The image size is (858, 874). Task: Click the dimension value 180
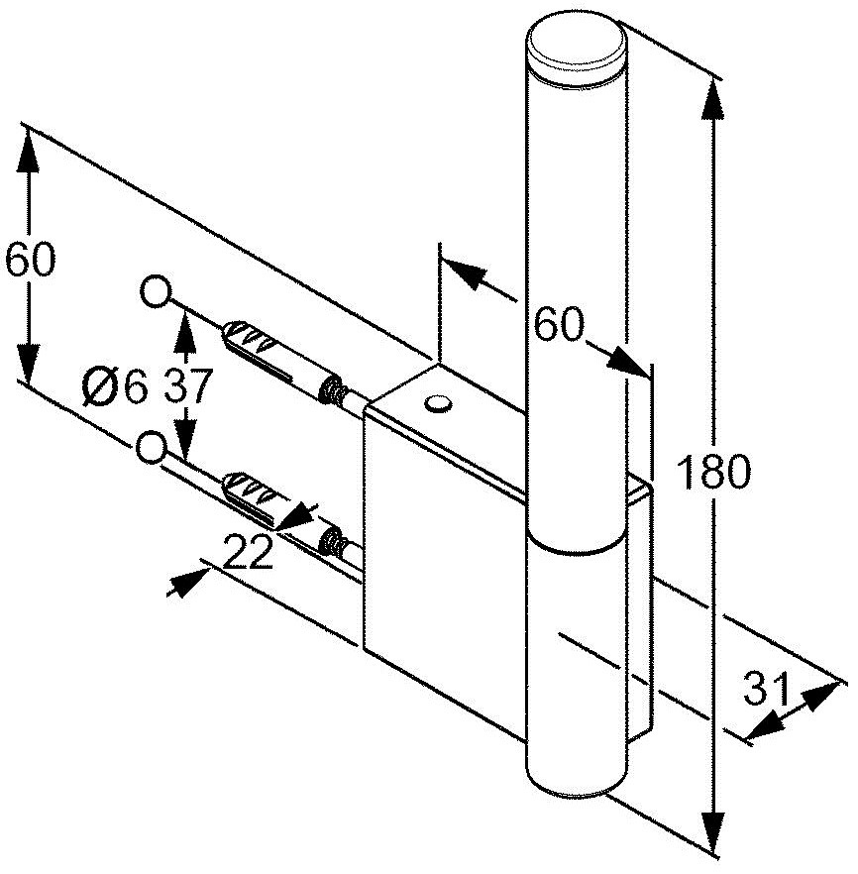[712, 473]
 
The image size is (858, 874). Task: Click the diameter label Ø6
[115, 384]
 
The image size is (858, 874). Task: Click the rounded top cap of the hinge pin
[576, 44]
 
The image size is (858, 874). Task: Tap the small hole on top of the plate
[437, 402]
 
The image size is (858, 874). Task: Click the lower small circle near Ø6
[151, 448]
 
